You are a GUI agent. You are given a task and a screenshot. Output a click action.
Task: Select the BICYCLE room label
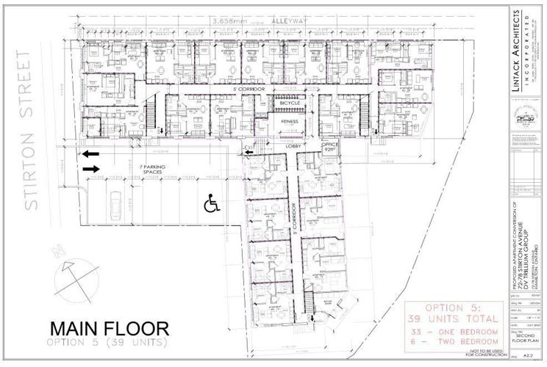pyautogui.click(x=290, y=103)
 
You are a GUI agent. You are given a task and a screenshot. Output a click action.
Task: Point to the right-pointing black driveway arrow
pyautogui.click(x=91, y=169)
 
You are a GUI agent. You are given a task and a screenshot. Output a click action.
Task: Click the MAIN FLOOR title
pyautogui.click(x=110, y=328)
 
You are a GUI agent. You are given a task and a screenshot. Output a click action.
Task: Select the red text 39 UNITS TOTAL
pyautogui.click(x=454, y=320)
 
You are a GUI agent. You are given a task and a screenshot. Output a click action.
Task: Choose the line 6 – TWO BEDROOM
pyautogui.click(x=454, y=344)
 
